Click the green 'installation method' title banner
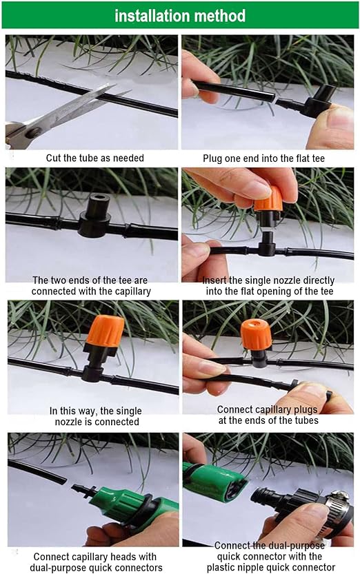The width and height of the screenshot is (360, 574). [x=180, y=15]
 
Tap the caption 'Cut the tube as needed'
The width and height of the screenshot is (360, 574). [x=95, y=158]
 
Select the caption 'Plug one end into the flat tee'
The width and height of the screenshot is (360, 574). [x=263, y=158]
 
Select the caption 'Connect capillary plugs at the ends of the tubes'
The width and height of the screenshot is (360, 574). [x=268, y=415]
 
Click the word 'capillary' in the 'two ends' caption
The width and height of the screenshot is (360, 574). [x=132, y=291]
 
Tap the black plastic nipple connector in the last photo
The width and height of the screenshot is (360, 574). [x=290, y=499]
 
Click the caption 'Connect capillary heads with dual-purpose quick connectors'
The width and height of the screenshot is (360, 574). [x=96, y=562]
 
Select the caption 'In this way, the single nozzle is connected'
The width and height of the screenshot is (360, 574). [x=96, y=416]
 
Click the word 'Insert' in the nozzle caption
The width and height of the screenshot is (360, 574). [x=214, y=280]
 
